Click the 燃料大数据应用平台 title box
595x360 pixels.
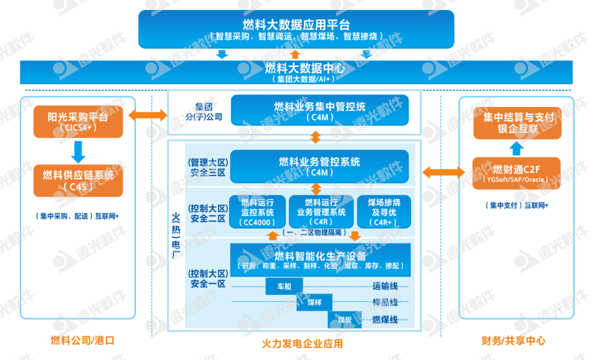click(x=296, y=29)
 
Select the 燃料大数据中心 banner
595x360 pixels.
click(x=296, y=72)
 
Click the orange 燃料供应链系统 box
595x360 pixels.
click(x=78, y=180)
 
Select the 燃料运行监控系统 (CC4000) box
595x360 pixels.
click(x=257, y=212)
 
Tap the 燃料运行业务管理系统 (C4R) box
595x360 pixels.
click(x=320, y=212)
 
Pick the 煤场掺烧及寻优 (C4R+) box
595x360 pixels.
click(x=383, y=212)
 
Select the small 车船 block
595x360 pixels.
click(x=283, y=287)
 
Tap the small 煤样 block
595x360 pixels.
click(x=314, y=304)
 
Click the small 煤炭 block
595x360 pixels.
click(x=345, y=320)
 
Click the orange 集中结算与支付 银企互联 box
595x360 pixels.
click(x=518, y=122)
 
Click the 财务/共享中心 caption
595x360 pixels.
click(x=514, y=341)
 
